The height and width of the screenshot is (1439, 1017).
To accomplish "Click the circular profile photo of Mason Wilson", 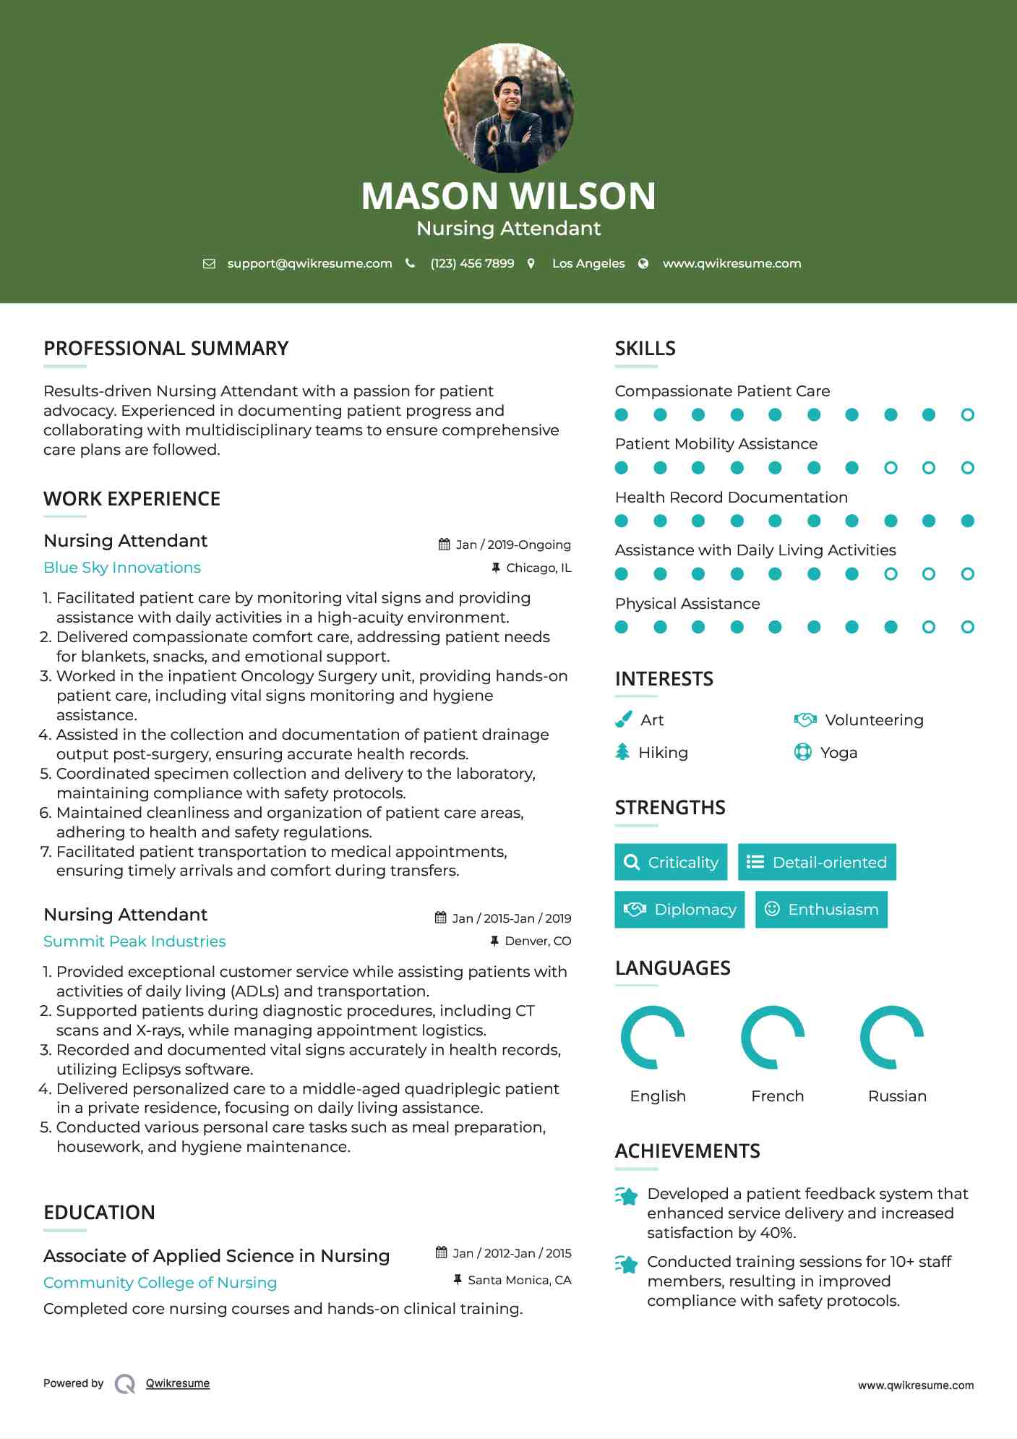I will [508, 108].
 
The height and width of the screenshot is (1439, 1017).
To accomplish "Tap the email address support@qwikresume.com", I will [309, 263].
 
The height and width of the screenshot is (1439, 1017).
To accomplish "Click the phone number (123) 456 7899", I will [472, 263].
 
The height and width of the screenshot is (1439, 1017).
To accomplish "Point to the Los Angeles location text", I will [588, 263].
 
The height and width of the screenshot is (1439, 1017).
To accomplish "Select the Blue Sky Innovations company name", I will [122, 568].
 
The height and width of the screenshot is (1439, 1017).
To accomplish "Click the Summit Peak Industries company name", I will [134, 941].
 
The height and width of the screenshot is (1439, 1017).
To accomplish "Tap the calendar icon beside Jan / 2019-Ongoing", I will [445, 545].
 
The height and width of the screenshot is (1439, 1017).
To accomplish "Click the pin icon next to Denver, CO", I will [494, 941].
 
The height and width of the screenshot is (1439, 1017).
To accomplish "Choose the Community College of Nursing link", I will [160, 1283].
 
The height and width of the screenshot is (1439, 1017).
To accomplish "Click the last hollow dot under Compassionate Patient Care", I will [967, 415].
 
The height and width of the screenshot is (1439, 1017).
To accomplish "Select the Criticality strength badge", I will [671, 862].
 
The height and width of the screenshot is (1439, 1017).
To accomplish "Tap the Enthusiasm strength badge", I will [821, 910].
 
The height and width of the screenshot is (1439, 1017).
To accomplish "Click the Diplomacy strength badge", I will [679, 910].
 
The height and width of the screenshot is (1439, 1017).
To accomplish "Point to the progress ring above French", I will [773, 1037].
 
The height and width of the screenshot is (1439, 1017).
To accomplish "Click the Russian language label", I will [897, 1096].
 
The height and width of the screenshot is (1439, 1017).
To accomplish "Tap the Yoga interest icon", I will [802, 752].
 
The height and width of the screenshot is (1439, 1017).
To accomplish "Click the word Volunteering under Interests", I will [874, 720].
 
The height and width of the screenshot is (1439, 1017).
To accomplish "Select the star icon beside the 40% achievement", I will [627, 1196].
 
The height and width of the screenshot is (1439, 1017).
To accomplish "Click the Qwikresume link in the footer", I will [178, 1383].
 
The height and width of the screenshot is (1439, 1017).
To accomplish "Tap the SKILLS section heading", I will [645, 349].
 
